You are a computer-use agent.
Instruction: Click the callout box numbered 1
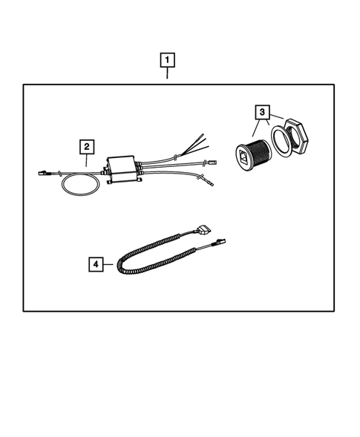click(168, 59)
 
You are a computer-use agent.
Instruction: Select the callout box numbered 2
click(87, 147)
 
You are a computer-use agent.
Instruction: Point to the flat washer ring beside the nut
click(280, 141)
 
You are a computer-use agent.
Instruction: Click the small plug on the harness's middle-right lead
click(210, 162)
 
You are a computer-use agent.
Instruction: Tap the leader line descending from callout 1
click(168, 75)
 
